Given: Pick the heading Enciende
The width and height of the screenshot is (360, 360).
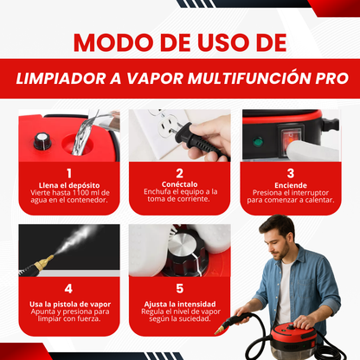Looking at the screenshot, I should [291, 185].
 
